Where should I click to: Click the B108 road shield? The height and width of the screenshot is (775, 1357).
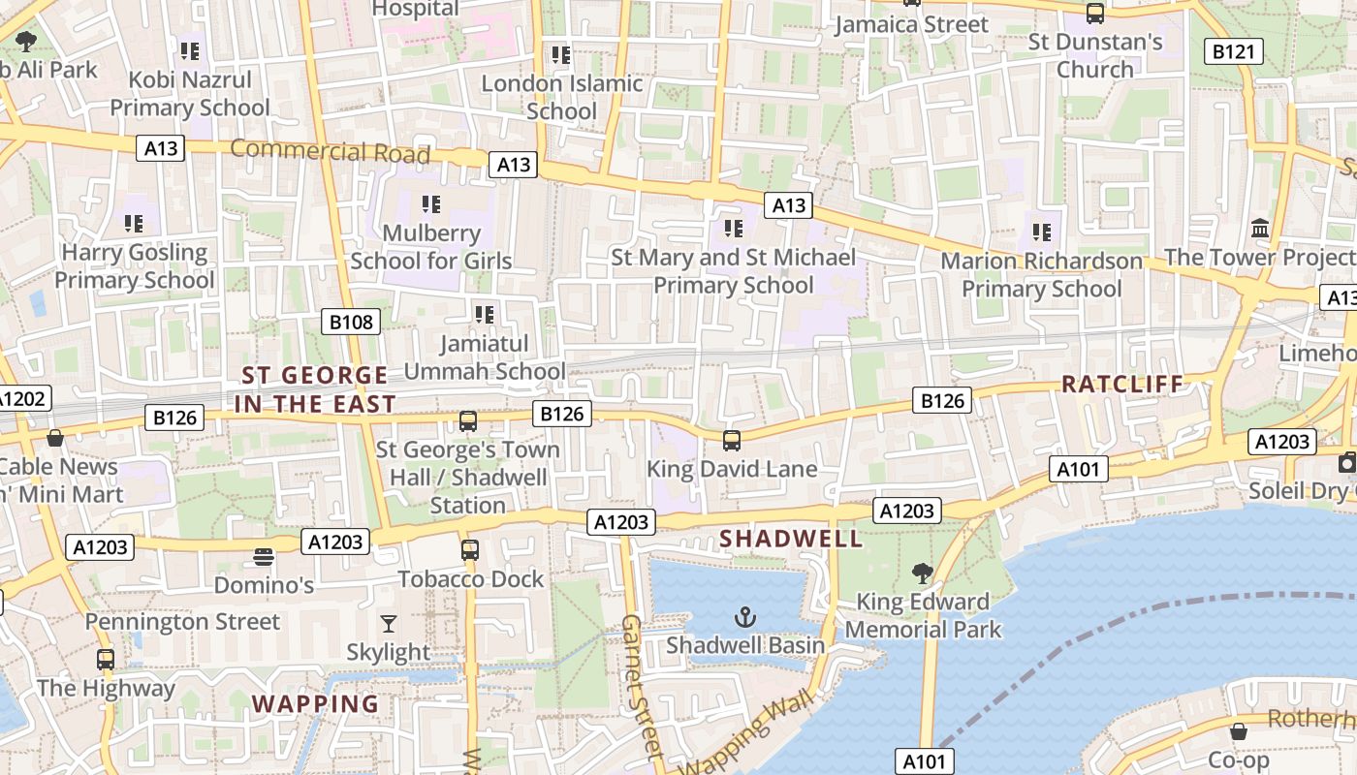[351, 322]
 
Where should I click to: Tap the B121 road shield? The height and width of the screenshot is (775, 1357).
[1233, 51]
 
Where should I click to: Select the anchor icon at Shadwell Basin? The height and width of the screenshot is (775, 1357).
[744, 616]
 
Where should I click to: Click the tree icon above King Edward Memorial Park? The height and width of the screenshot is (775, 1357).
[922, 573]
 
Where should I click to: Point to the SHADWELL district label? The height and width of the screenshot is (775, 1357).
[790, 539]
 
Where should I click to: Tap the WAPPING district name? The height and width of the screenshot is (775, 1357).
[316, 704]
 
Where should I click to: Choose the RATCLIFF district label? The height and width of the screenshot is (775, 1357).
[1122, 384]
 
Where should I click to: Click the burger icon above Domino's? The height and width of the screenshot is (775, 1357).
[264, 557]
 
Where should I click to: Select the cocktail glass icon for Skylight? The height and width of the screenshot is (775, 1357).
[389, 623]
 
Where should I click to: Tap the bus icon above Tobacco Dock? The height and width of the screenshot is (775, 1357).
[470, 550]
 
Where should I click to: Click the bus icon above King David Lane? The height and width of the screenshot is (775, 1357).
[732, 441]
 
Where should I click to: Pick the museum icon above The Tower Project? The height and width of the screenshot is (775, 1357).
[1260, 229]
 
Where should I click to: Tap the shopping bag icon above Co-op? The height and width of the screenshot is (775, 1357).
[1238, 730]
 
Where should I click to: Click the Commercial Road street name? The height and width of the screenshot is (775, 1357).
[330, 151]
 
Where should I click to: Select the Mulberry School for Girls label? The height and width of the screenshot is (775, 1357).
[430, 247]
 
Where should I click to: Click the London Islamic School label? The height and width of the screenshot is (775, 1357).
[562, 97]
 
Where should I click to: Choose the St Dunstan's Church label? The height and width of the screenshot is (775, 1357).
[1095, 56]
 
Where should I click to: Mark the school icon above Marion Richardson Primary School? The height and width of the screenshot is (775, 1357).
[1042, 232]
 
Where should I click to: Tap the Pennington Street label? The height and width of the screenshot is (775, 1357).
[182, 622]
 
